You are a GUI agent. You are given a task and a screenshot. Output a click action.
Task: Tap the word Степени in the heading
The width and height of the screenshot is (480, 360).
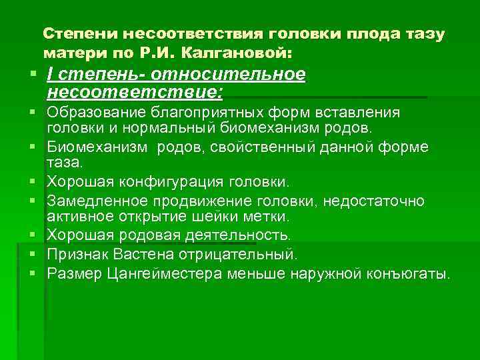coord(72,33)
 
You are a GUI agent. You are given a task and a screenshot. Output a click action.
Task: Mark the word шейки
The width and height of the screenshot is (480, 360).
coord(241,217)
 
